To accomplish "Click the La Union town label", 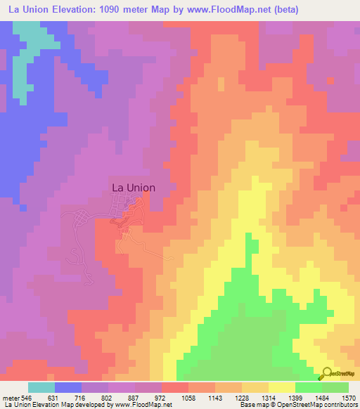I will tap(134, 188).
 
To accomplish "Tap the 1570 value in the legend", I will tap(350, 398).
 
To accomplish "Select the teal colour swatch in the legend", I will tap(41, 387).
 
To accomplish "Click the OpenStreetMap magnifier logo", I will tap(328, 375).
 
